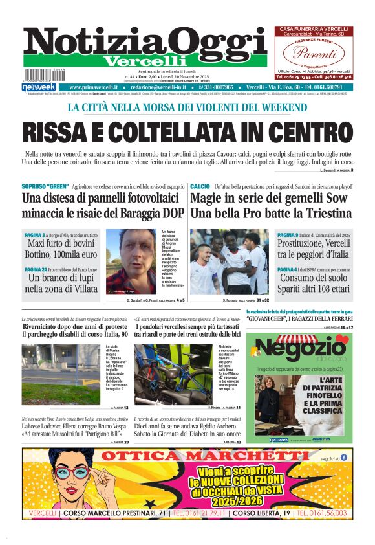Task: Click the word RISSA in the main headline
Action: [60, 131]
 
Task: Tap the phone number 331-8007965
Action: [220, 87]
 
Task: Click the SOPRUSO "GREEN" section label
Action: [45, 186]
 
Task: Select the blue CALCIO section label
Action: [200, 186]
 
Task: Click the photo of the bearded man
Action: [132, 261]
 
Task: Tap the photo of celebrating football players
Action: [230, 261]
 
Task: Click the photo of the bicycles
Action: [171, 374]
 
